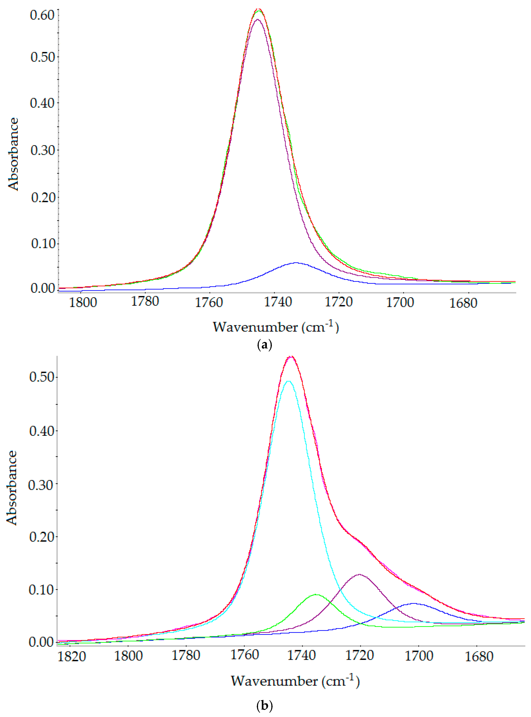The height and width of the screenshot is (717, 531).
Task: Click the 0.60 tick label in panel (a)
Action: [42, 15]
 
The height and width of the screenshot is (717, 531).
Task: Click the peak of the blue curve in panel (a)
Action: [296, 263]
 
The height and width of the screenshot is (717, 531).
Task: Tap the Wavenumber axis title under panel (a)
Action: [275, 327]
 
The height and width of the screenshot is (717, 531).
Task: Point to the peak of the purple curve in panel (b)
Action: [359, 574]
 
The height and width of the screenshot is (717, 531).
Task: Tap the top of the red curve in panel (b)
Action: [291, 356]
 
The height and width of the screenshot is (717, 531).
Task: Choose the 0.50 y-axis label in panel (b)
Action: [41, 377]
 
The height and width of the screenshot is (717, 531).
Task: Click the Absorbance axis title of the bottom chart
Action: [12, 488]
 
